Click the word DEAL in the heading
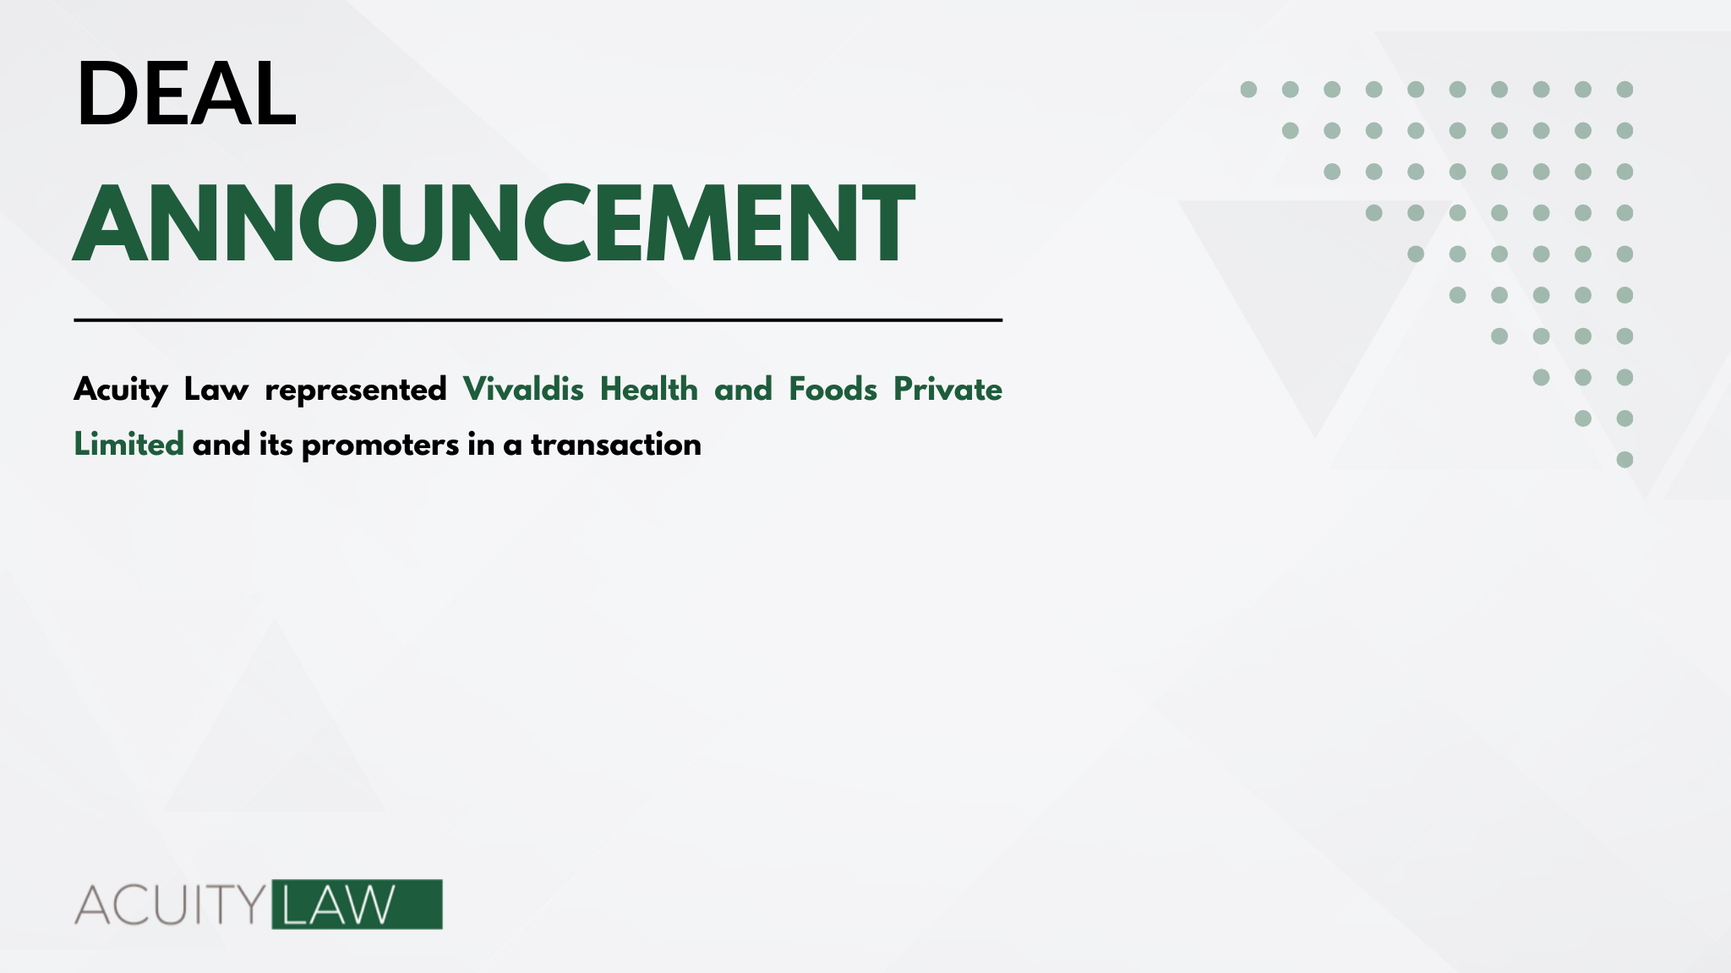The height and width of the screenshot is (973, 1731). pos(187,94)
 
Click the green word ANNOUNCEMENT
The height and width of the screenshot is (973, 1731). pos(494,223)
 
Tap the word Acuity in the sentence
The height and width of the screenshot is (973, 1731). pos(121,391)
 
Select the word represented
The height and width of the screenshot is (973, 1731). pos(356,391)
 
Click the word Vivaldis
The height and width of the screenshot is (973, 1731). pos(523,389)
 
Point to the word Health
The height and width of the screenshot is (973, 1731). pos(649,389)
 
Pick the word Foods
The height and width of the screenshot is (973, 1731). pos(833,389)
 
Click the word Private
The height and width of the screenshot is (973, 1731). pos(947,389)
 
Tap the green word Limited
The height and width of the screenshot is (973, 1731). pos(128,444)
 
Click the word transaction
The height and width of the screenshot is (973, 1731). pos(616,445)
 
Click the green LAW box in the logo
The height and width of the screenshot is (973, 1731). pos(357,905)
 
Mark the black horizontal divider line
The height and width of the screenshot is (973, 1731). pos(538,320)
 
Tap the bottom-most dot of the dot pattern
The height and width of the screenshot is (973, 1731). pos(1625,460)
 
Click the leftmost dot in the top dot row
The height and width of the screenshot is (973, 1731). pos(1248,90)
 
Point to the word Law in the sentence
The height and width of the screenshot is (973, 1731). pos(216,390)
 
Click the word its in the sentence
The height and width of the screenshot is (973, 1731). pos(276,444)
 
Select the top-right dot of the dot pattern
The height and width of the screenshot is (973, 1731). pos(1625,90)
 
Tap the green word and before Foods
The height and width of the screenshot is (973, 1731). pos(744,390)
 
